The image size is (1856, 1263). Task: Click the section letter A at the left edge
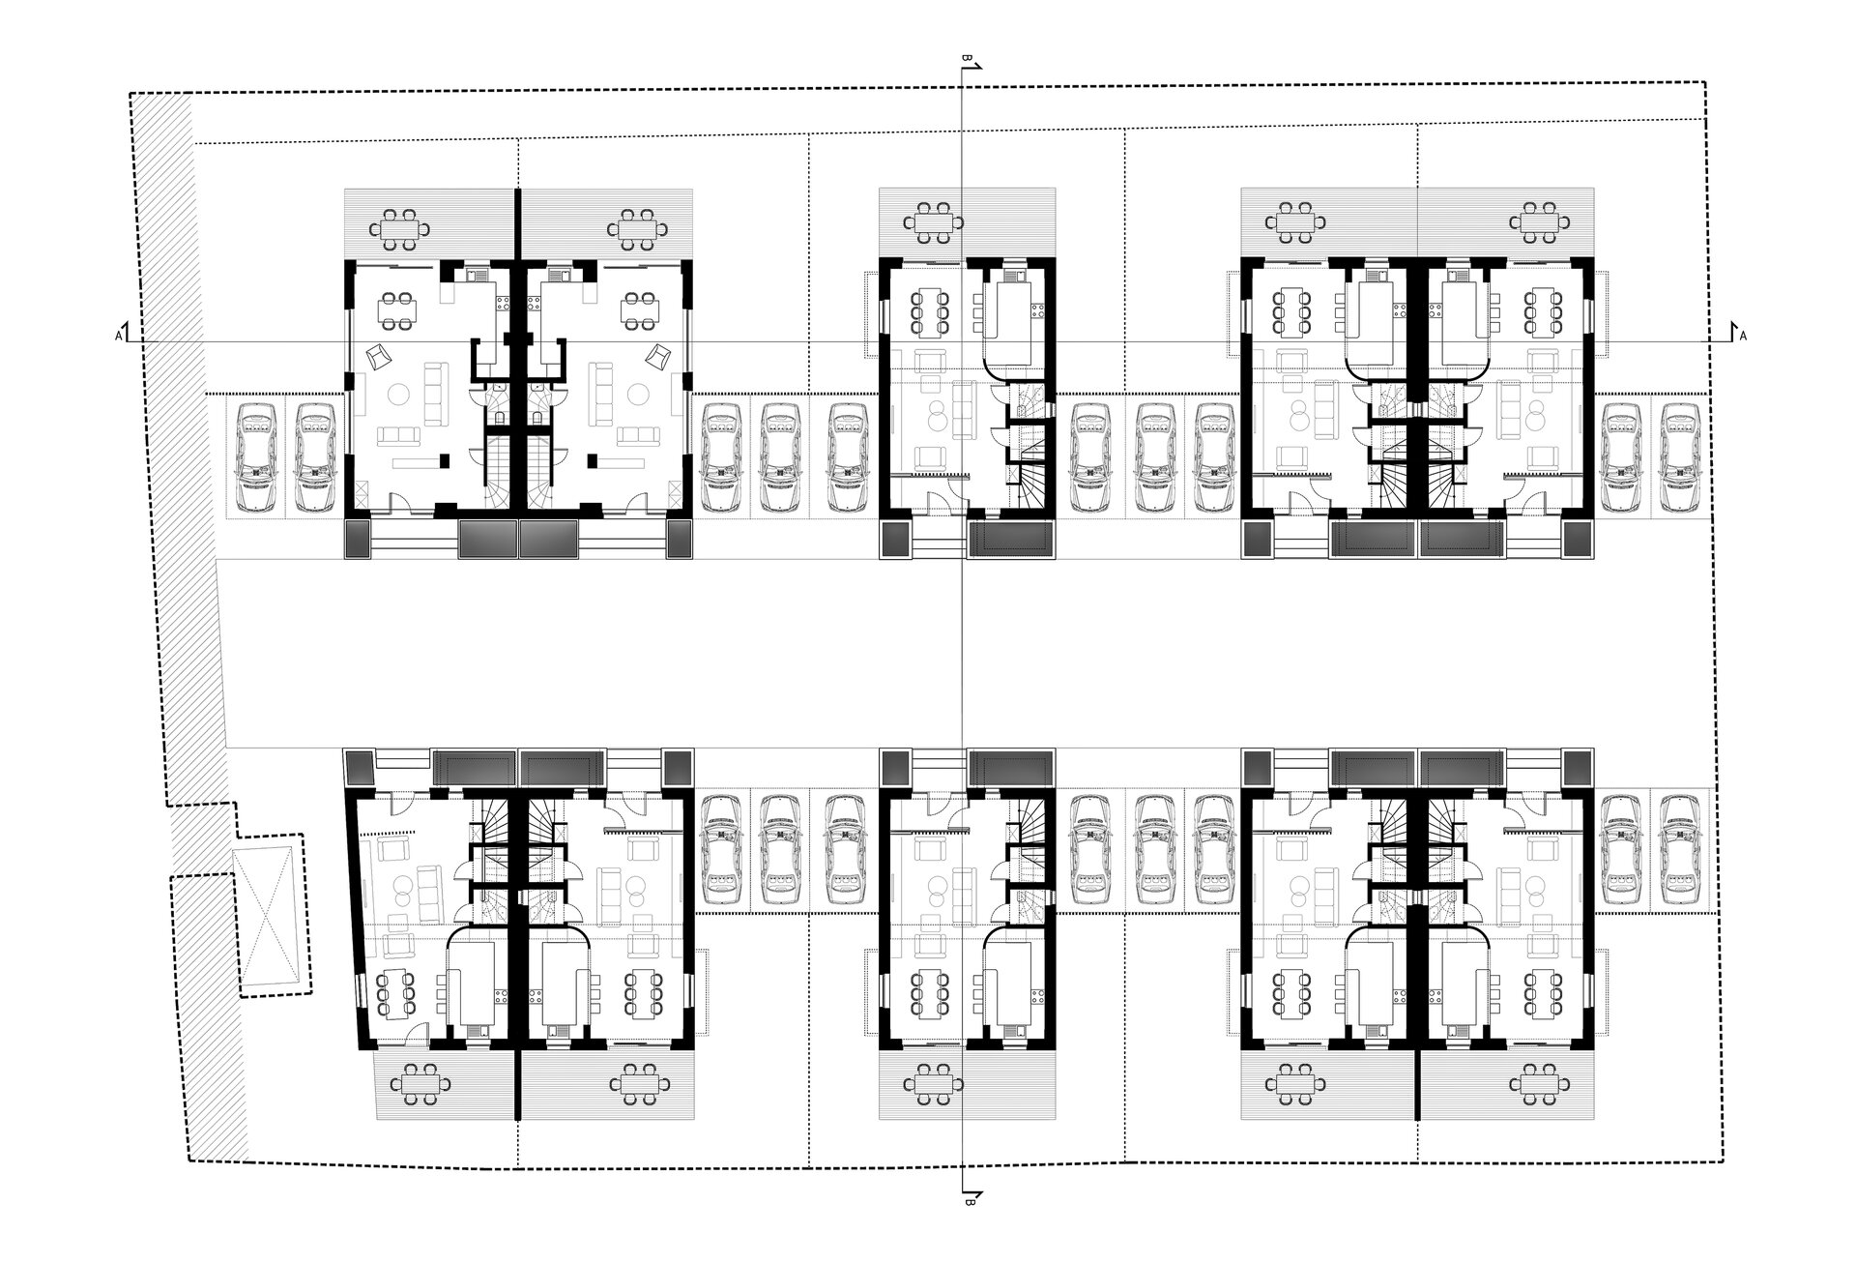118,336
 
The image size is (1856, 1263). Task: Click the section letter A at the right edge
1743,336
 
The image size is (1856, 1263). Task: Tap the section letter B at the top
965,59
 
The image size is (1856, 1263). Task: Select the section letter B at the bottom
968,1204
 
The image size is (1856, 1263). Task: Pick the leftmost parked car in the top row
257,456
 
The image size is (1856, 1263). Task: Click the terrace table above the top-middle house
933,223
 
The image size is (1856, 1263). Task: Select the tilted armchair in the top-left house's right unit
659,355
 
